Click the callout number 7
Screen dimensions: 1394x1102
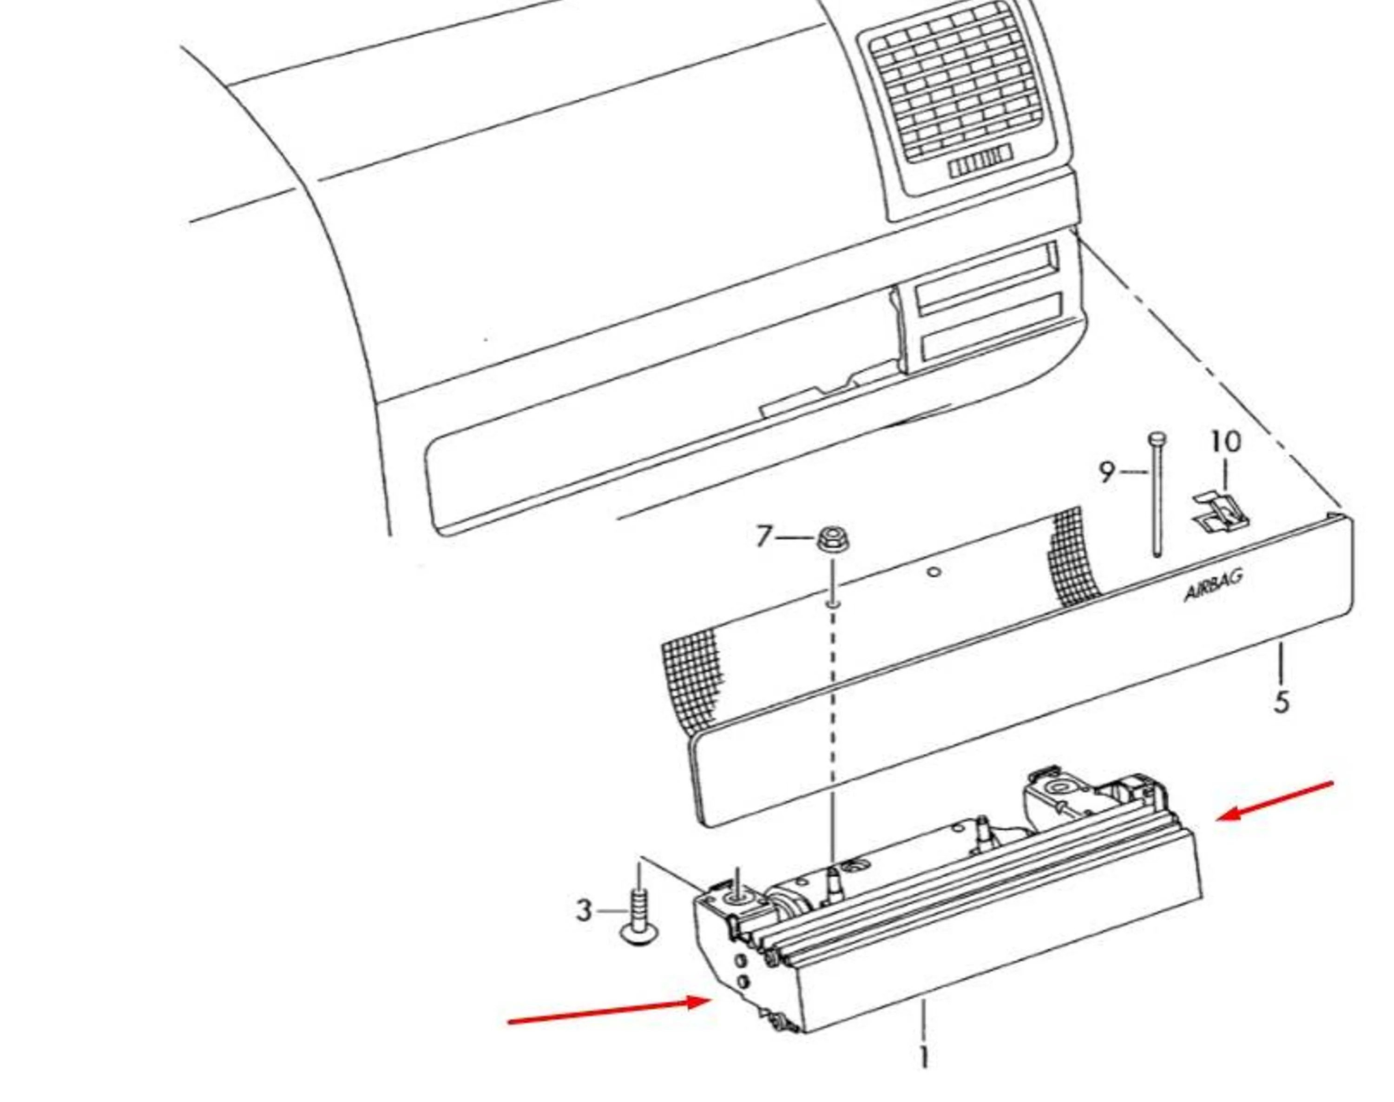click(764, 536)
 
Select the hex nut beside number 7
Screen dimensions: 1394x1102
click(832, 539)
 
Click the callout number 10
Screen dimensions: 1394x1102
click(1225, 442)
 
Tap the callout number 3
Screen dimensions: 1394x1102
click(584, 910)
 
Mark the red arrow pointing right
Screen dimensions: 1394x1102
click(610, 1011)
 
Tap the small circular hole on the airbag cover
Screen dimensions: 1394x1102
click(933, 571)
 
